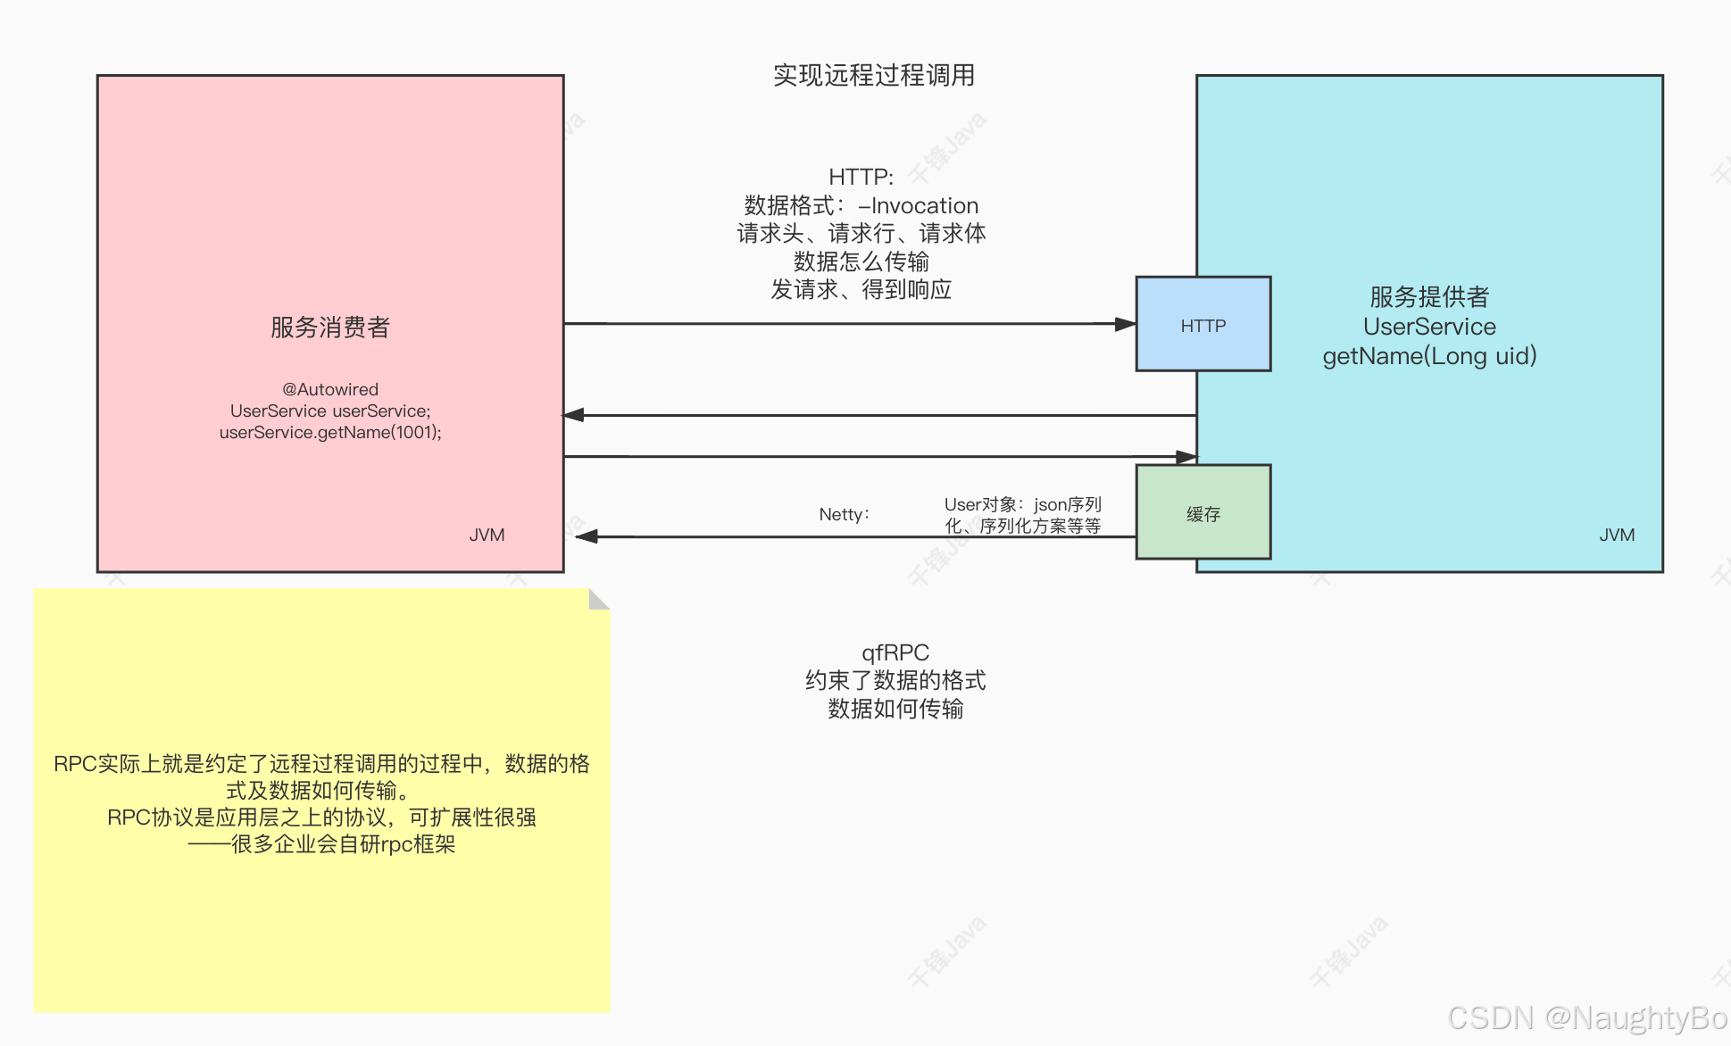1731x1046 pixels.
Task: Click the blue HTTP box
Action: pos(1203,324)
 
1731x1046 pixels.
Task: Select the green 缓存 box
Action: pos(1203,512)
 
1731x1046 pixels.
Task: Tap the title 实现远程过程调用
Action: pos(873,75)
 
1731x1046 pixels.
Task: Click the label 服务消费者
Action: pos(330,328)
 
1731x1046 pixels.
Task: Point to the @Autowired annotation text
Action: pos(330,389)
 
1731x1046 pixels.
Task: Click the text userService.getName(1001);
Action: pos(330,433)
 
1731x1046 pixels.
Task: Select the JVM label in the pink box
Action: pos(487,535)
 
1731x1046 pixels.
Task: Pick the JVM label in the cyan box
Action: pos(1617,535)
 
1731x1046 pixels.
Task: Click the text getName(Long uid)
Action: pos(1429,356)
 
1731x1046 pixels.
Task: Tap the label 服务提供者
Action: pos(1429,296)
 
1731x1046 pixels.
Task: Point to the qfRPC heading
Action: pos(895,652)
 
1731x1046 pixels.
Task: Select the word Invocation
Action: pos(924,206)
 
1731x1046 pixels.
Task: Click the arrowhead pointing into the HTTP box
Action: pos(1126,324)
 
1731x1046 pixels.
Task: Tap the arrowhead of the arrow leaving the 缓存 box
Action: pos(587,536)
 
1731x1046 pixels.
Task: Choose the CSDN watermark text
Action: pos(1586,1018)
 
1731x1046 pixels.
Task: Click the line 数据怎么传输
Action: pos(861,261)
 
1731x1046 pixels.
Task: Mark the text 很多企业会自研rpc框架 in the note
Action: pos(344,844)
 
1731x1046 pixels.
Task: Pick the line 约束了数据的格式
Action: pos(895,681)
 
